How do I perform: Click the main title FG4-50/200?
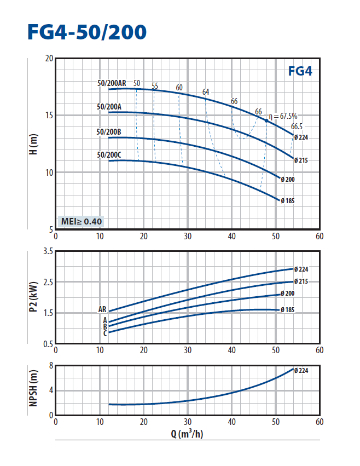87,32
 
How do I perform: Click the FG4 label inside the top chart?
299,71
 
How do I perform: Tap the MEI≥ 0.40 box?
80,221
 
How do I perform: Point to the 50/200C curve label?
109,155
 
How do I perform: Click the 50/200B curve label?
109,132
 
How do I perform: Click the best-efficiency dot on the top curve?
267,120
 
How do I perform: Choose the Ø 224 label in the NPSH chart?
302,371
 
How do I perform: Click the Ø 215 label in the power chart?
301,281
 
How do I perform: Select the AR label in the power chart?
102,309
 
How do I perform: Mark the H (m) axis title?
33,144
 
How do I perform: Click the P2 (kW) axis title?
33,298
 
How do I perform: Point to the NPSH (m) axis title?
33,390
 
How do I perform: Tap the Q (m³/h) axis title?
187,434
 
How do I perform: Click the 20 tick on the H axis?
49,59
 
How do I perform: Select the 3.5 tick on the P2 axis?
47,252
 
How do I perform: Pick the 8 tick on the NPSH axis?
50,365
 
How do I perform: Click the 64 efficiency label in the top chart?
206,92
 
